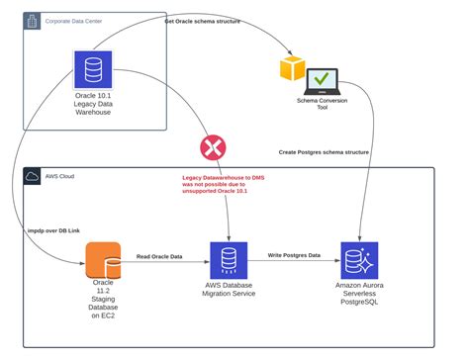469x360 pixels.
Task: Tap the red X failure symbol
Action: [x=212, y=148]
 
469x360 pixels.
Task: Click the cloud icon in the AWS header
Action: [x=34, y=176]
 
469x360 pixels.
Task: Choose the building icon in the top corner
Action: [x=33, y=20]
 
